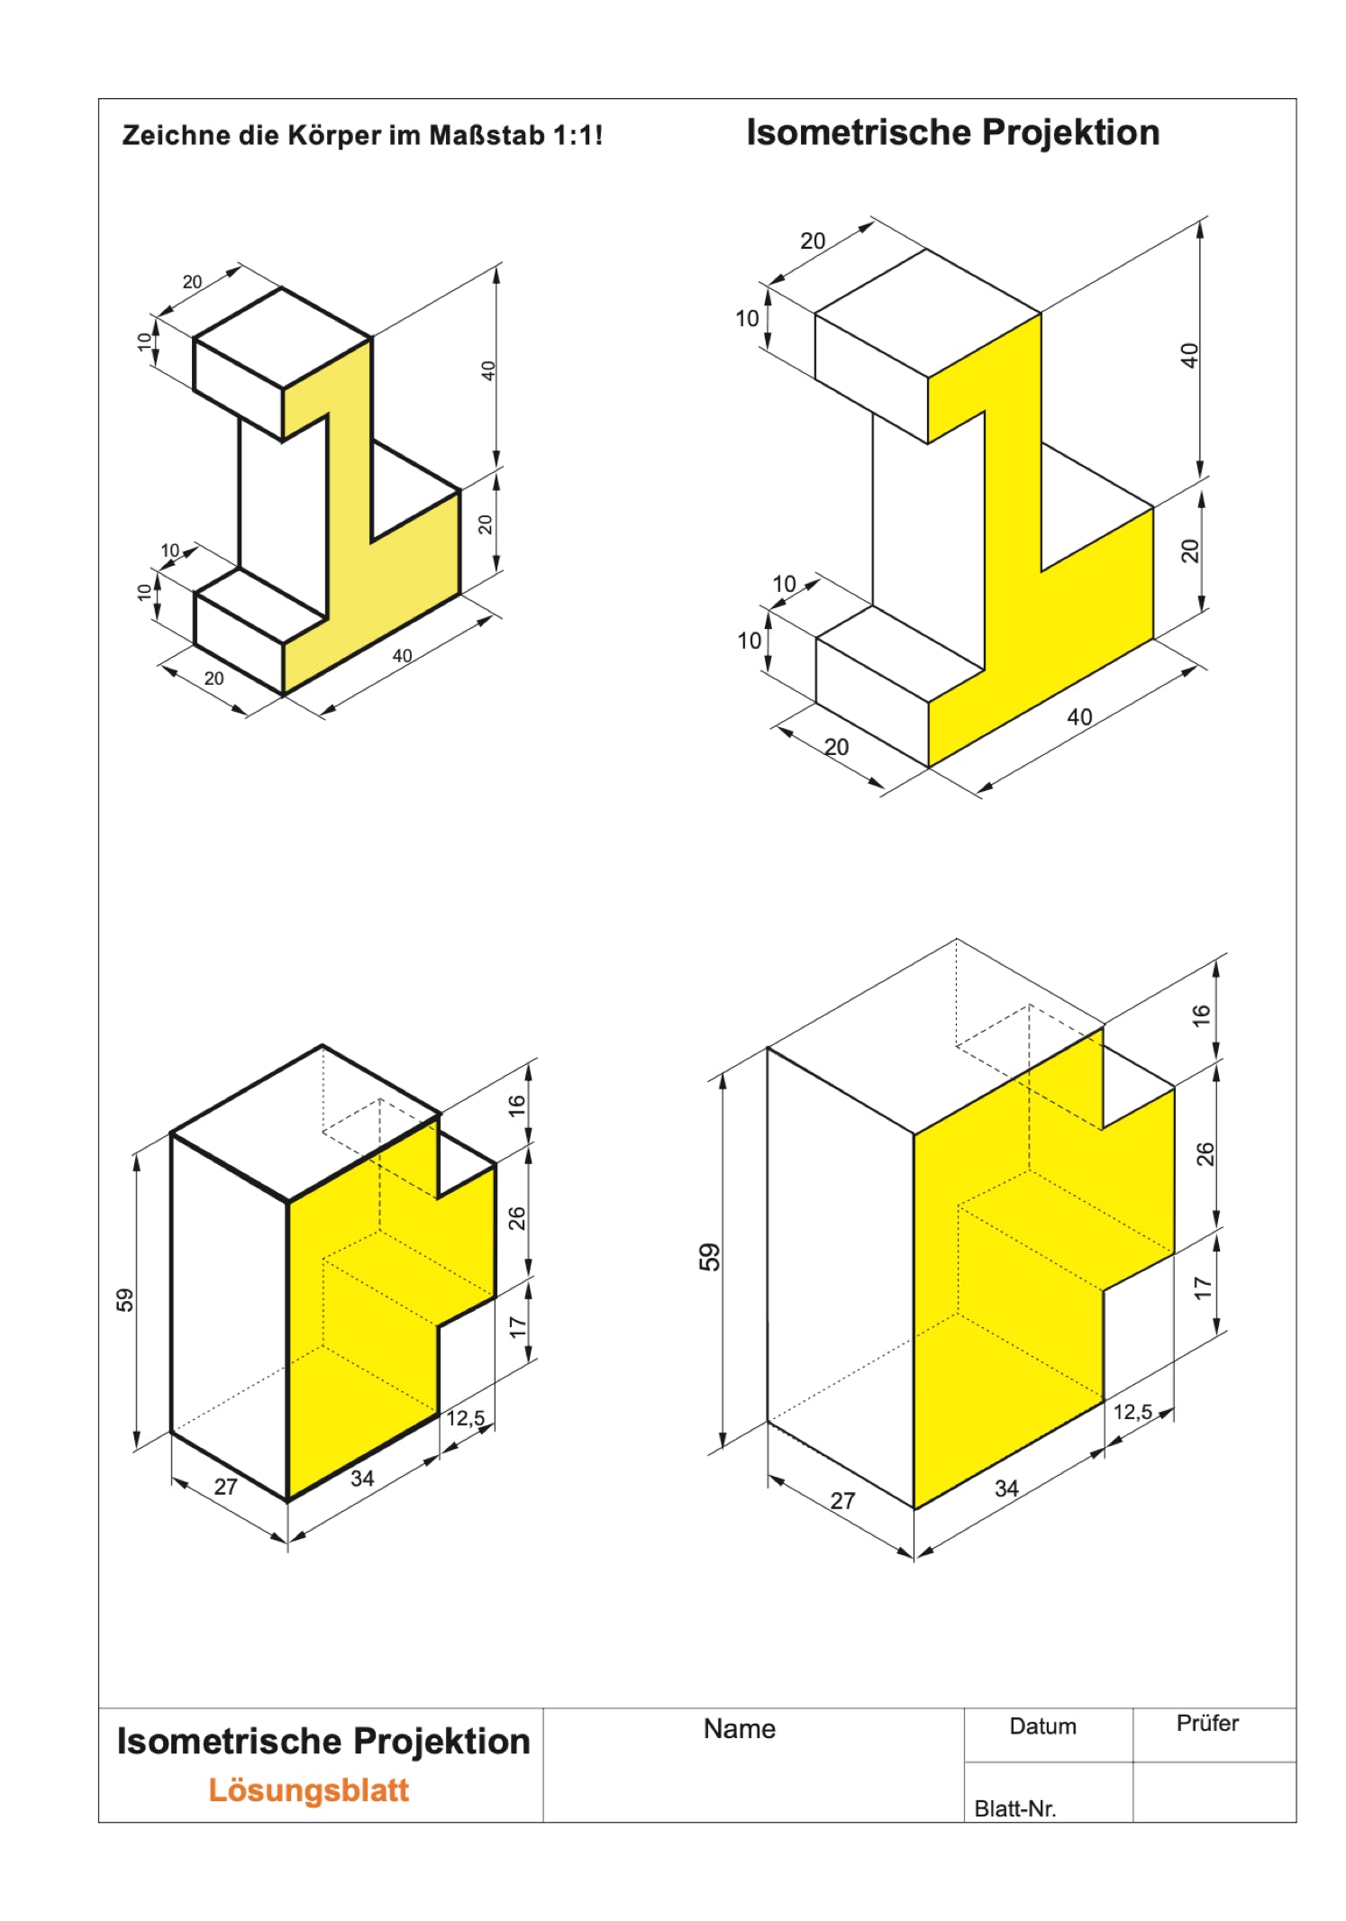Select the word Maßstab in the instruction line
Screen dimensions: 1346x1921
[487, 135]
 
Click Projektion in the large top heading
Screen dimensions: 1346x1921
[1070, 133]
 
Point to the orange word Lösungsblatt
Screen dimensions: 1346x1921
[309, 1789]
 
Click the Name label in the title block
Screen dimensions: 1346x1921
[739, 1728]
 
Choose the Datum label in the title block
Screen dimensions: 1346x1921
[1042, 1726]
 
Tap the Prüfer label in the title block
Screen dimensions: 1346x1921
[1207, 1723]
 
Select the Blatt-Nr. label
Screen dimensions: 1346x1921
[1014, 1808]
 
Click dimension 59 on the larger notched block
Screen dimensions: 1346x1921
[710, 1257]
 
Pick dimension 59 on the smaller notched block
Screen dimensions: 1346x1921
[124, 1300]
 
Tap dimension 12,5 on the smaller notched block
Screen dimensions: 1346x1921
[465, 1418]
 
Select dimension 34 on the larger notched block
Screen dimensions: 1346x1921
[1006, 1489]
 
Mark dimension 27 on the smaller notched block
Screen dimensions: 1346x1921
[225, 1486]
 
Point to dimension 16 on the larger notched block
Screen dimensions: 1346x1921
[1202, 1015]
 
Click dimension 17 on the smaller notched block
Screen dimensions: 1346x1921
[517, 1326]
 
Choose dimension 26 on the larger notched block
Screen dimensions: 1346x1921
[1205, 1154]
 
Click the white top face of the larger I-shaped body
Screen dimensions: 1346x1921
[928, 313]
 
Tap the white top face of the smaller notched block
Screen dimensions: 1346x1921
[306, 1123]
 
